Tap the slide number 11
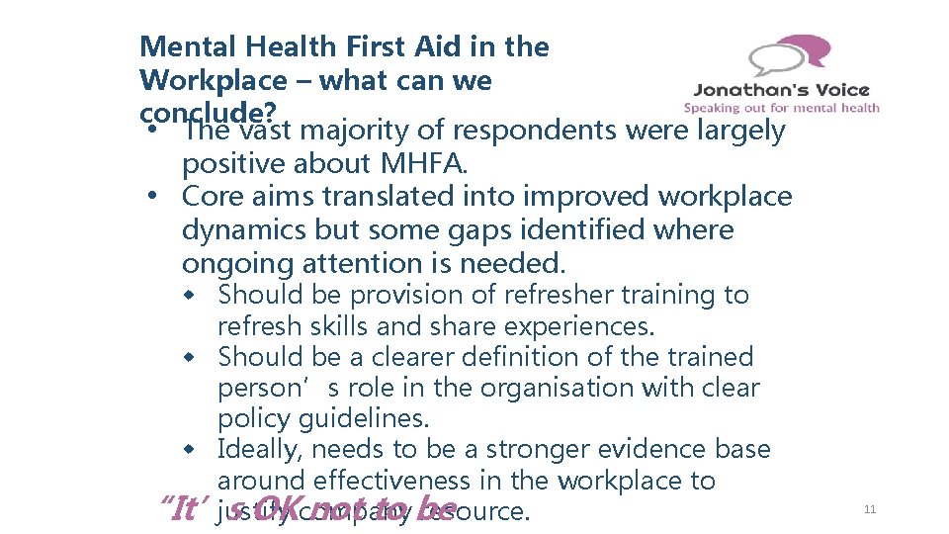click(870, 509)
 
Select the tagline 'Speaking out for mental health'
click(781, 108)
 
